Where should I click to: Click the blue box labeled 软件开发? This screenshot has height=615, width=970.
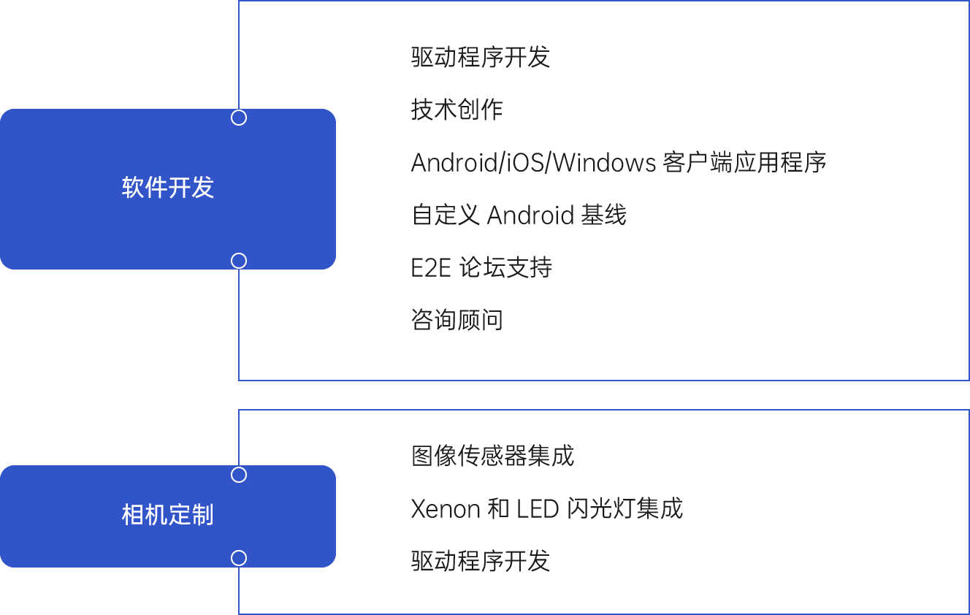[x=167, y=188]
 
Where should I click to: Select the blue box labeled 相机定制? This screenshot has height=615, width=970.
[x=167, y=516]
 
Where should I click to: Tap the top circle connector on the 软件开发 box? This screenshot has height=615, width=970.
[x=239, y=118]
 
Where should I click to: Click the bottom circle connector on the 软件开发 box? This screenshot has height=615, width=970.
[x=239, y=261]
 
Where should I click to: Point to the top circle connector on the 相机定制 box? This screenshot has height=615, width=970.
[x=239, y=475]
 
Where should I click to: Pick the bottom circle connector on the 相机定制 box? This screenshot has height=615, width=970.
[x=239, y=558]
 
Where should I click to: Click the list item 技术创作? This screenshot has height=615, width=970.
[x=457, y=110]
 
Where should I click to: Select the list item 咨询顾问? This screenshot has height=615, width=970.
[x=457, y=320]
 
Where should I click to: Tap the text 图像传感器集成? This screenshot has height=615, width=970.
[x=492, y=456]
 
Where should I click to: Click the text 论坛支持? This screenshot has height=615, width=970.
[x=505, y=267]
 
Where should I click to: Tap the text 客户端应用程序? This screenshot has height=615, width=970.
[x=745, y=162]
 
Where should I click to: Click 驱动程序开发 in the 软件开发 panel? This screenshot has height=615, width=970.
[x=480, y=57]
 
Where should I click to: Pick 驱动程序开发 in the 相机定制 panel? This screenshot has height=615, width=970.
[x=480, y=561]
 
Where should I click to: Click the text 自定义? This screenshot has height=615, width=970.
[x=445, y=215]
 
